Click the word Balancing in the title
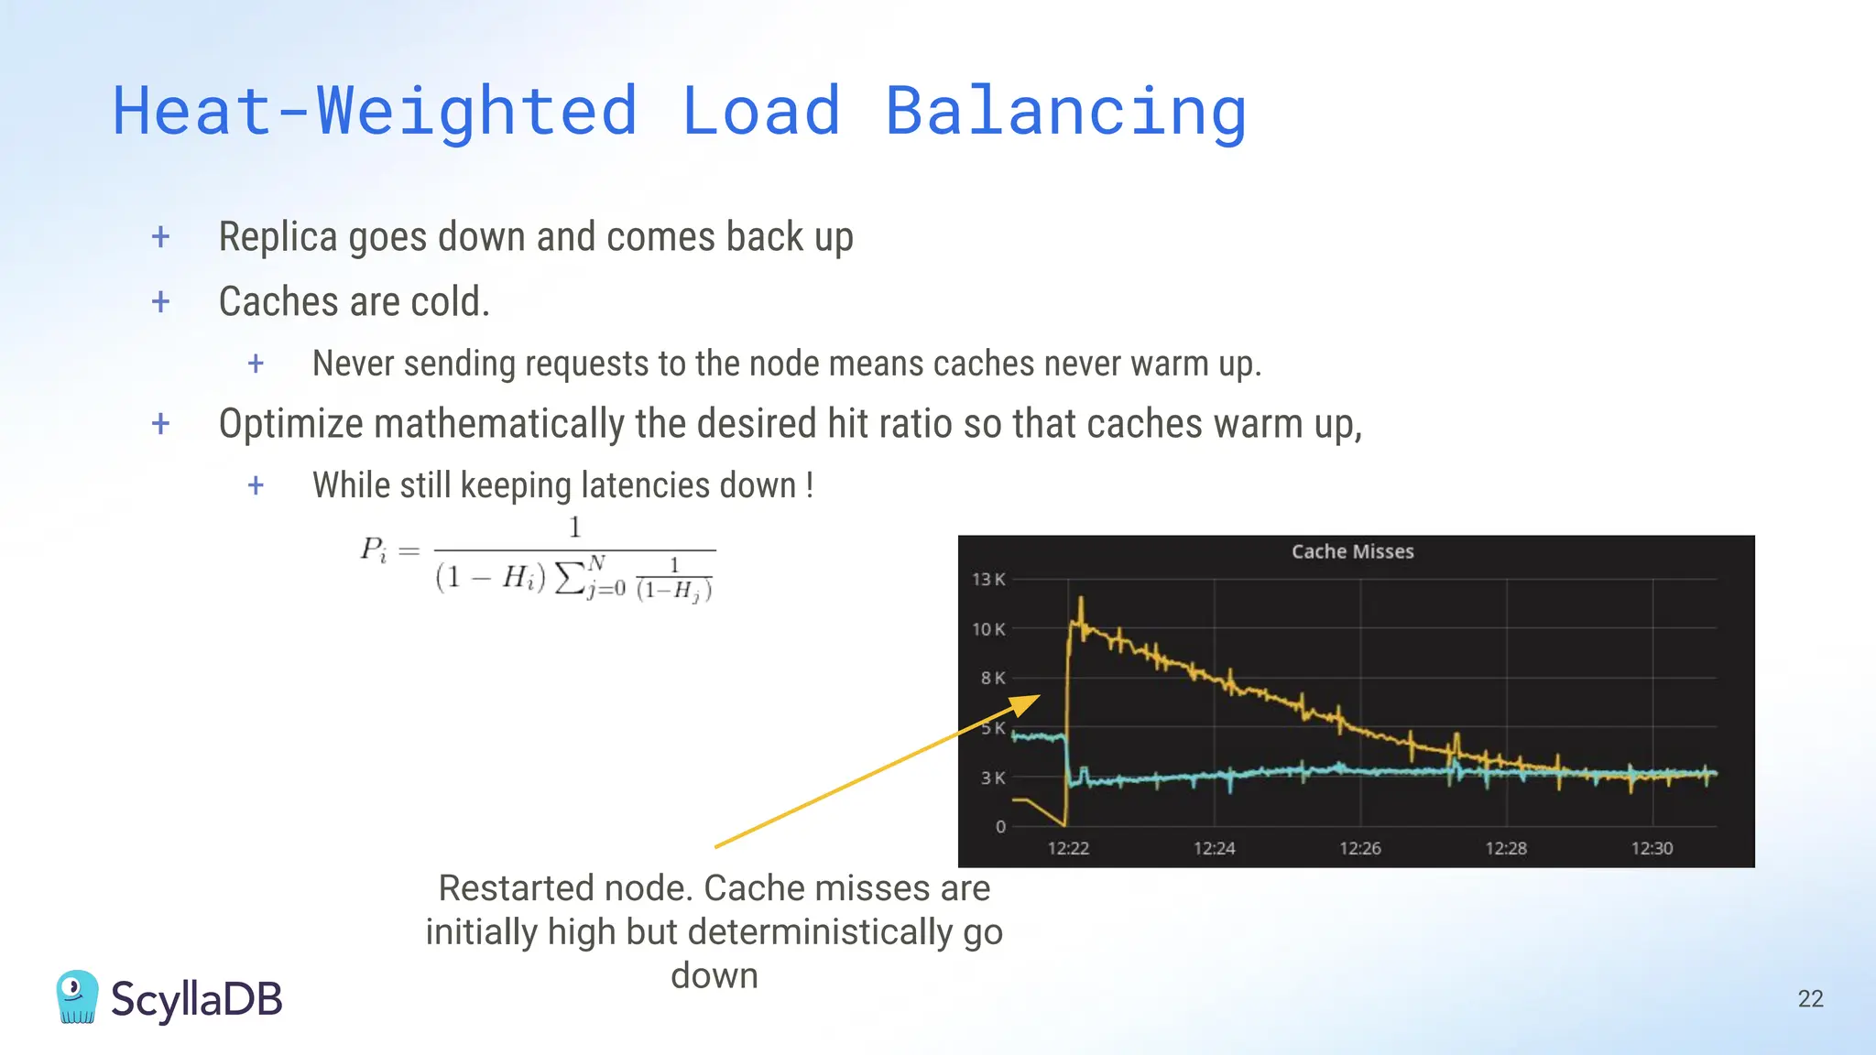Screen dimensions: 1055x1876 coord(1065,112)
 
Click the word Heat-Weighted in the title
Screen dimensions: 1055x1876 coord(375,112)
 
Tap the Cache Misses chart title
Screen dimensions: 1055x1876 coord(1352,551)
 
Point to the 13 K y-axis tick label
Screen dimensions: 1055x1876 coord(987,580)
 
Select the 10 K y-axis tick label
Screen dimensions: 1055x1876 coord(987,629)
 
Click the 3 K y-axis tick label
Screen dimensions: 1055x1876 coord(992,778)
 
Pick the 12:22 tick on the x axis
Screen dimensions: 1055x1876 coord(1068,848)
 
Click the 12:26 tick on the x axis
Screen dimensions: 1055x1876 coord(1359,848)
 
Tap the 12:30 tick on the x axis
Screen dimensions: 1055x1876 coord(1652,848)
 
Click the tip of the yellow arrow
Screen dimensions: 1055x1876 coord(1040,696)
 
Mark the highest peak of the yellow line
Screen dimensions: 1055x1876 coord(1081,600)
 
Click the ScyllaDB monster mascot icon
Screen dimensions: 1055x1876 coord(77,996)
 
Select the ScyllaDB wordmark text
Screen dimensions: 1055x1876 coord(196,999)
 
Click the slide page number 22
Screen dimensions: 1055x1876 coord(1810,998)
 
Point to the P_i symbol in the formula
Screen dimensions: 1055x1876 coord(374,549)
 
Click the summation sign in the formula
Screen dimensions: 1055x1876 coord(571,577)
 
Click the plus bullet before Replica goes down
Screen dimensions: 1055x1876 coord(161,237)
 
